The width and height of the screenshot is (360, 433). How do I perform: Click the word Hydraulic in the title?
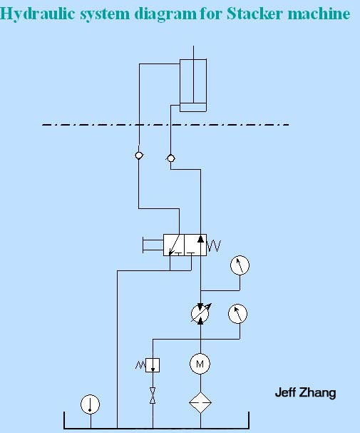click(x=38, y=14)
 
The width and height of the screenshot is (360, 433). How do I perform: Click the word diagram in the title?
click(x=165, y=14)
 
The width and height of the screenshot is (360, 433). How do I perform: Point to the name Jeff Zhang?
click(x=305, y=392)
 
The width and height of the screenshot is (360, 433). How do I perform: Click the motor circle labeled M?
click(x=200, y=364)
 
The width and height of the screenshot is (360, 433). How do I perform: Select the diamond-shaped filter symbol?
click(x=200, y=402)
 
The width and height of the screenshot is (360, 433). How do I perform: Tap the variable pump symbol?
click(x=200, y=313)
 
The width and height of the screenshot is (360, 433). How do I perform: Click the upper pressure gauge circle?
click(x=240, y=265)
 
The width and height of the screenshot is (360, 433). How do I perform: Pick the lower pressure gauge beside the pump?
click(x=237, y=314)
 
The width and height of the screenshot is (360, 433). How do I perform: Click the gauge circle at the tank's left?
click(x=90, y=404)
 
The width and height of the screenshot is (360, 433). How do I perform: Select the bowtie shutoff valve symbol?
click(x=153, y=395)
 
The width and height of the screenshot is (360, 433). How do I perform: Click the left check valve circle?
click(x=139, y=156)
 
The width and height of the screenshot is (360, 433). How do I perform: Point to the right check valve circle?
click(x=171, y=158)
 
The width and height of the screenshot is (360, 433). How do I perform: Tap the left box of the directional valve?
click(x=174, y=245)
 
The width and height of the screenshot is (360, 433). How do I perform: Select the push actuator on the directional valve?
click(x=153, y=245)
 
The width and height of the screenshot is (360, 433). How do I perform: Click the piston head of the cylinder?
click(x=193, y=107)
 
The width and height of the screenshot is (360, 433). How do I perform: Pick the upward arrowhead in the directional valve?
click(x=200, y=238)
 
